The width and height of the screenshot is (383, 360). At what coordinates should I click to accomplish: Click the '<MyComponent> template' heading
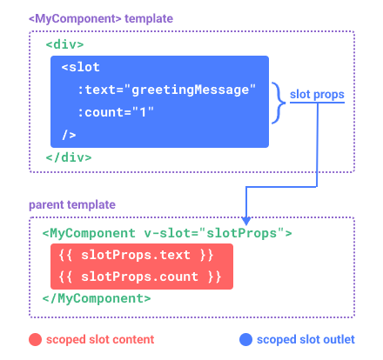click(101, 18)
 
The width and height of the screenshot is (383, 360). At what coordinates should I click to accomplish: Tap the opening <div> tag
click(64, 44)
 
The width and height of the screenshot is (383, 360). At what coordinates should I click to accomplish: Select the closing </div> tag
click(69, 157)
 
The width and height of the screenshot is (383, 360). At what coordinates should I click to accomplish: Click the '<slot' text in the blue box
click(81, 67)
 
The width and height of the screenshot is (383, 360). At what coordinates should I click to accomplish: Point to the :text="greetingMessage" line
click(167, 90)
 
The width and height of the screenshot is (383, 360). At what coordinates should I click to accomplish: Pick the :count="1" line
click(116, 112)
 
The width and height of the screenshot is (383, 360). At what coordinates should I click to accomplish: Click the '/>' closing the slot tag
click(69, 135)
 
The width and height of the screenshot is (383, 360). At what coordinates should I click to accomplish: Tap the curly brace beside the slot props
click(279, 103)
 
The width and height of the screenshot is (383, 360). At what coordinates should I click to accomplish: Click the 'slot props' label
click(317, 95)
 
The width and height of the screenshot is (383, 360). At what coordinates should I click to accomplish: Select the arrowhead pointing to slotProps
click(246, 221)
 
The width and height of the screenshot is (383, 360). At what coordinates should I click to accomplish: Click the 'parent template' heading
click(72, 204)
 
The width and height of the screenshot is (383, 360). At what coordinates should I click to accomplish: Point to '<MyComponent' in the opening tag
click(89, 233)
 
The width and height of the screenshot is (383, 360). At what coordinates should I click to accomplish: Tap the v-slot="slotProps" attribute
click(214, 233)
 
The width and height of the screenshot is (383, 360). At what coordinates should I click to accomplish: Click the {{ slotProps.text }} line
click(136, 255)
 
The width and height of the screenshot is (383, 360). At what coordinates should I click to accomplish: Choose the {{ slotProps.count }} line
click(140, 277)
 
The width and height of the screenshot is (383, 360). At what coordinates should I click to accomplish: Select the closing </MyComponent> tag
click(97, 298)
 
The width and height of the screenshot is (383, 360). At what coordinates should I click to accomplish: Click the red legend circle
click(36, 340)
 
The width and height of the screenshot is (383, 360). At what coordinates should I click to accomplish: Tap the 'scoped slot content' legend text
click(100, 339)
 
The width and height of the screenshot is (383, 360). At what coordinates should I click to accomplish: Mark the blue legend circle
click(245, 340)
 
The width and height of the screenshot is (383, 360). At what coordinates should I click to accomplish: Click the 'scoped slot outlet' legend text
click(306, 339)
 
